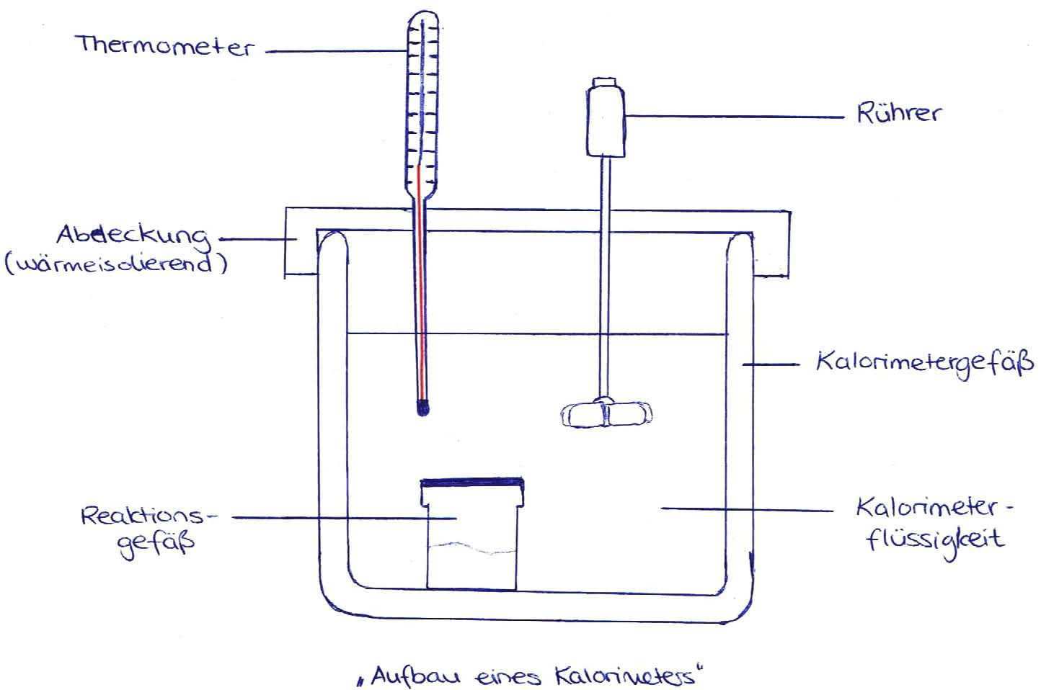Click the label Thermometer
[x=165, y=45]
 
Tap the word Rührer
[x=898, y=114]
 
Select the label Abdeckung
[x=133, y=236]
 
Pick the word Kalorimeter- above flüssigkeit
[x=934, y=508]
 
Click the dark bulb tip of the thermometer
[x=423, y=408]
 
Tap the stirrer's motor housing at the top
[x=606, y=119]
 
